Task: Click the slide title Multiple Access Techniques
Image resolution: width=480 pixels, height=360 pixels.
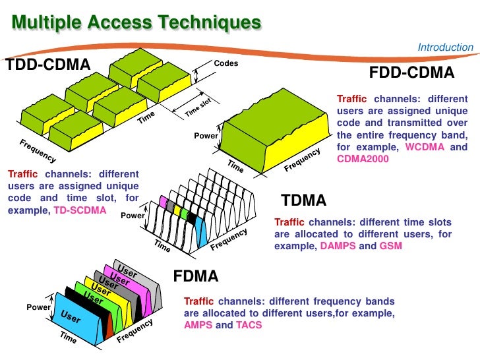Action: (136, 22)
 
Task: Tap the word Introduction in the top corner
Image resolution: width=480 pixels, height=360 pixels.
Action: (445, 47)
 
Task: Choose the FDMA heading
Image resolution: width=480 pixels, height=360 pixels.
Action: (195, 275)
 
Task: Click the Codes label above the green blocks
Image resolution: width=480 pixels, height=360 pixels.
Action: (226, 64)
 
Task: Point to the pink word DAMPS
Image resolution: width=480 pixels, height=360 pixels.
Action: (338, 246)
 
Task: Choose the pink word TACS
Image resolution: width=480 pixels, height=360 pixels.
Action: (249, 325)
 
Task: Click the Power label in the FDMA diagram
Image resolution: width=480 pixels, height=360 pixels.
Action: (38, 308)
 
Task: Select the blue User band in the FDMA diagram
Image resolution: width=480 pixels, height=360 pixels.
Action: (71, 318)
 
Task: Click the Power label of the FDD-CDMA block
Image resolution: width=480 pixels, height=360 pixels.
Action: (205, 136)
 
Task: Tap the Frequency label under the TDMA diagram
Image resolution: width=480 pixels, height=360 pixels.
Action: (229, 239)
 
